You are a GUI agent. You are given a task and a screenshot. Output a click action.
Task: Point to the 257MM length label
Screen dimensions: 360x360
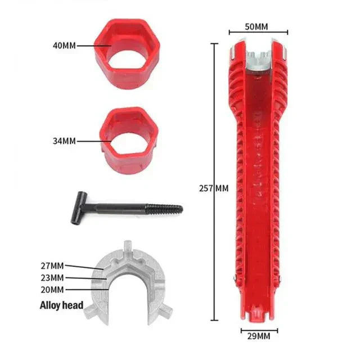pos(215,188)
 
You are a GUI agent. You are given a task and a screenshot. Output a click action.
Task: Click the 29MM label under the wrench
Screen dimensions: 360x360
pos(259,336)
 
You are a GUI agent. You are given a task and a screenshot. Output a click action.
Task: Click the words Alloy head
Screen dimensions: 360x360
pos(61,306)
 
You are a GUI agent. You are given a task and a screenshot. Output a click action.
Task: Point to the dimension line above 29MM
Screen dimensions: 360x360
pos(259,330)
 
